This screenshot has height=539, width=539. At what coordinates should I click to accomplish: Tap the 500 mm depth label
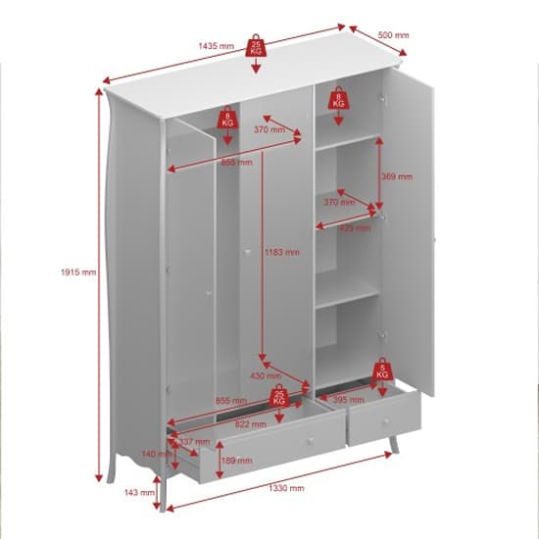[x=393, y=35]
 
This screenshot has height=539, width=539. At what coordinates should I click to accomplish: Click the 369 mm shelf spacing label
[x=397, y=176]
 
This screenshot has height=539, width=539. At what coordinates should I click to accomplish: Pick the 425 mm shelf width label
[x=355, y=228]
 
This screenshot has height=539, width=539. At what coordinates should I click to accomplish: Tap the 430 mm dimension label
[x=266, y=375]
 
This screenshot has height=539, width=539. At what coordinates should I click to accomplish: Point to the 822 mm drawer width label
[x=252, y=424]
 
